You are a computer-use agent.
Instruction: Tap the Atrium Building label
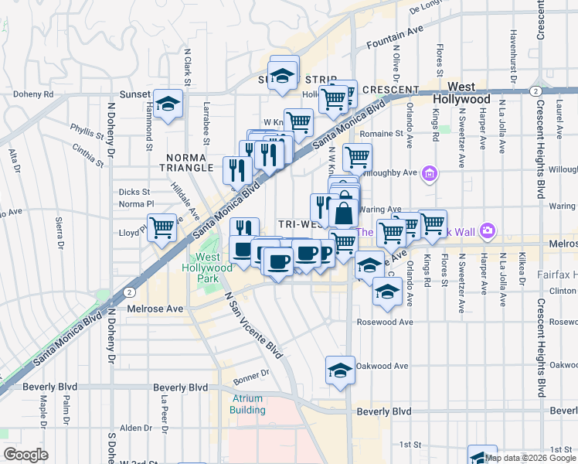point(247,404)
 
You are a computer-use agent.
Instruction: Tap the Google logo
point(26,455)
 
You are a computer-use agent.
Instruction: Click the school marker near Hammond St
point(166,104)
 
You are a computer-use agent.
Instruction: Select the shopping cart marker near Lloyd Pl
point(161,227)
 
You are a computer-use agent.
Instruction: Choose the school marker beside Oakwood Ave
point(340,369)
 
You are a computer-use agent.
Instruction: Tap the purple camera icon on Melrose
point(487,230)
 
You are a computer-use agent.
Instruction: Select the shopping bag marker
point(344,210)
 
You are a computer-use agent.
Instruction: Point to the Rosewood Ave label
point(385,322)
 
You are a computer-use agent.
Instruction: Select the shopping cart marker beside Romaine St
point(357,157)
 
